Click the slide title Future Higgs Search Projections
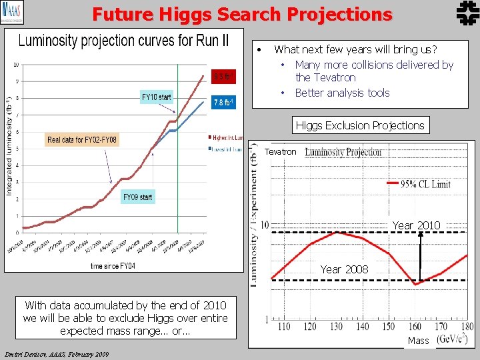coord(242,14)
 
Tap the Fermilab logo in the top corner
coord(465,13)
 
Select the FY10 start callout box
coord(157,97)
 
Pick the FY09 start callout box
coord(137,197)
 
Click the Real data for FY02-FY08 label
coord(82,140)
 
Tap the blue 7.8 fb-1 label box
coord(223,103)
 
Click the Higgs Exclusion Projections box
coord(360,125)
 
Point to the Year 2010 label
coord(416,225)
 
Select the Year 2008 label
coord(344,269)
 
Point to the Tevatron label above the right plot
coord(280,152)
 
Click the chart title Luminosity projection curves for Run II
coord(123,41)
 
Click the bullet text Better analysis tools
coord(342,93)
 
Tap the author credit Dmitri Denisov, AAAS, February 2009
coord(57,354)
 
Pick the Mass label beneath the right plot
coord(418,341)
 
